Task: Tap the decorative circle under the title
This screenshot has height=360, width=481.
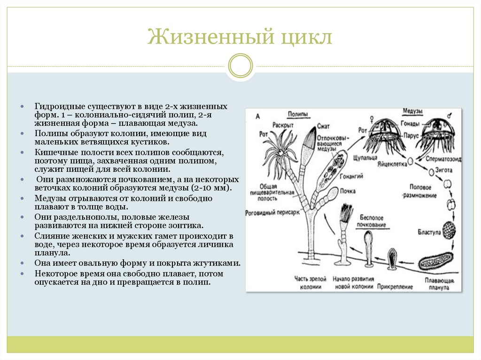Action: pos(240,65)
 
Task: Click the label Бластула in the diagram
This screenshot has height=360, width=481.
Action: pos(428,232)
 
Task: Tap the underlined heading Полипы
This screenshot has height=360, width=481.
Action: pos(298,114)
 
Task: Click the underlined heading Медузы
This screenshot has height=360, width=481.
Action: pos(413,111)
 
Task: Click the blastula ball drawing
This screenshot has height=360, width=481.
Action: pos(450,230)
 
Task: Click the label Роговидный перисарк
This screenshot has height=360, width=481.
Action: pos(269,213)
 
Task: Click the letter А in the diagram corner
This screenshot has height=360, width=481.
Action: pos(257,115)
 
